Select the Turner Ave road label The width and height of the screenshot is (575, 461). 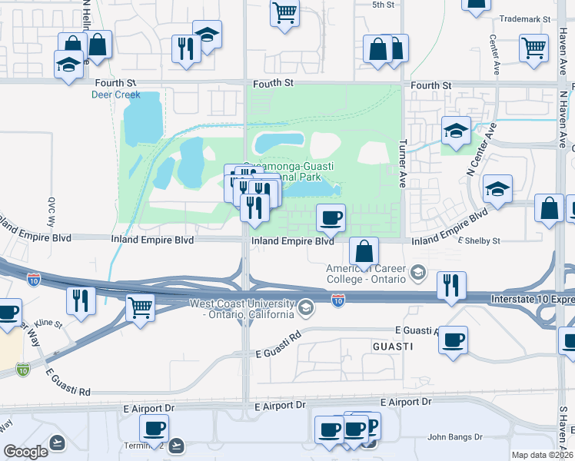402,164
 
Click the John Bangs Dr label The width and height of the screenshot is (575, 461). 454,437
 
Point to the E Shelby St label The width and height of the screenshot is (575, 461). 479,240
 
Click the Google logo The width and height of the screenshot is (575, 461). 25,452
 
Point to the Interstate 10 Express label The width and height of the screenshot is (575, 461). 530,297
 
